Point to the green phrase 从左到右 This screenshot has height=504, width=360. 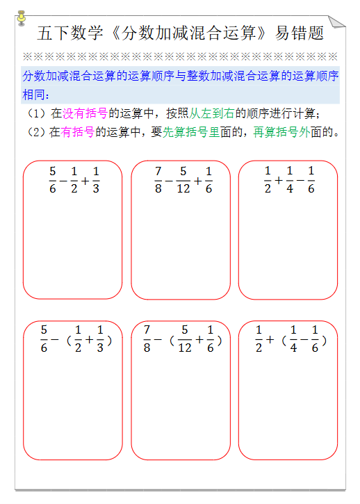pos(212,113)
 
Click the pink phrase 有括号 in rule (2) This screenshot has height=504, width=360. pos(78,131)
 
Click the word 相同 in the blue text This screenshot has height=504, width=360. pos(35,94)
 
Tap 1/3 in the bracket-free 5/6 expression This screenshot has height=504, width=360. pos(95,179)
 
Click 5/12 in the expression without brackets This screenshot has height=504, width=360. pos(183,179)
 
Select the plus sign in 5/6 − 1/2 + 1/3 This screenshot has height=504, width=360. pos(84,180)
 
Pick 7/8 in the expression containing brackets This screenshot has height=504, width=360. pos(147,339)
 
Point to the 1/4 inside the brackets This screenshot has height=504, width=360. pos(293,339)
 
